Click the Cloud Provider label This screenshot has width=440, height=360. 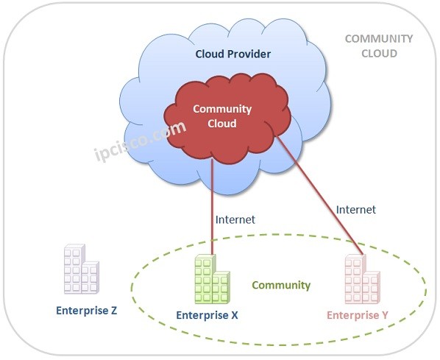point(233,54)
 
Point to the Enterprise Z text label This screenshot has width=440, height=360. point(87,310)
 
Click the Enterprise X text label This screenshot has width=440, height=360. point(207,315)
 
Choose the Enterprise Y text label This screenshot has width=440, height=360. point(358,315)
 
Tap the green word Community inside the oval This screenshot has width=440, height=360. point(281,285)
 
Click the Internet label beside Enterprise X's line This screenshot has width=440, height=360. point(235,219)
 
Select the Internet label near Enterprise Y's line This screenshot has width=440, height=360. point(356,209)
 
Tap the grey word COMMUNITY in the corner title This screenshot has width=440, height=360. point(379,39)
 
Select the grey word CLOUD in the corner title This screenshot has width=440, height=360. point(379,53)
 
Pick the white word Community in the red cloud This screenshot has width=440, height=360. point(222,109)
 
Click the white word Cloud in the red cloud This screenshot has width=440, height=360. point(222,123)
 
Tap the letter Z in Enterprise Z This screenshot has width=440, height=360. point(114,310)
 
